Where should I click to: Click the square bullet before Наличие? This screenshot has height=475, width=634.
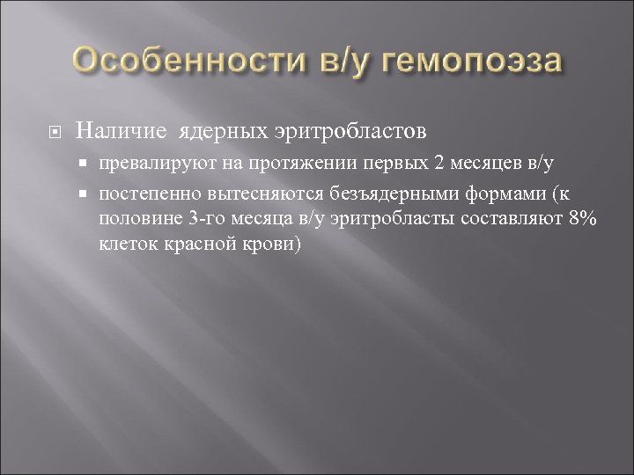pyautogui.click(x=55, y=132)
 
